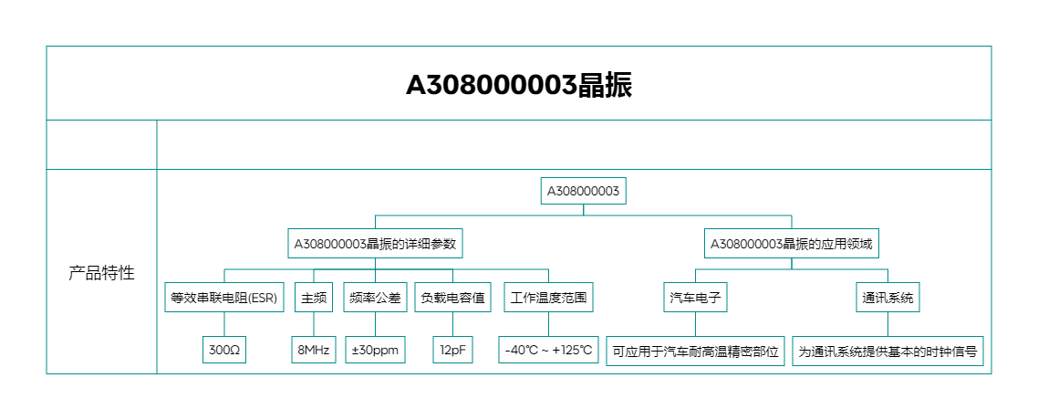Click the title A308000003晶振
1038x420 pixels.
[518, 85]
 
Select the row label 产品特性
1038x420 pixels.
[101, 273]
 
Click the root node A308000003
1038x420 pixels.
[583, 191]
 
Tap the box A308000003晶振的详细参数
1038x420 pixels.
[374, 244]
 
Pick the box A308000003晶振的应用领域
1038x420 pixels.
[792, 244]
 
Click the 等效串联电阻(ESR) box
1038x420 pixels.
[224, 298]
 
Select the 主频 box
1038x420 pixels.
[314, 298]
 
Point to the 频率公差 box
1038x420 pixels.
[374, 298]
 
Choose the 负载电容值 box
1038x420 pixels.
[452, 298]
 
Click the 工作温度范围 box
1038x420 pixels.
[548, 298]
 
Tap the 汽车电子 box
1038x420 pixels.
[696, 298]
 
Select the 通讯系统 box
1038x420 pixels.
[887, 298]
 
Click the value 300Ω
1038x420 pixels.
[224, 351]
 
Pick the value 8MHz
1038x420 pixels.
[314, 351]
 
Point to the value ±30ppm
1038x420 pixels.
[374, 351]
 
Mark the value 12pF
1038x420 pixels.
[452, 351]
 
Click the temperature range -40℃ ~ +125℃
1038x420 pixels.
[548, 351]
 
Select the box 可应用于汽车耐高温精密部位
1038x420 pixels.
[696, 351]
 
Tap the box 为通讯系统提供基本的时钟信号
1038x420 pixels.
[887, 351]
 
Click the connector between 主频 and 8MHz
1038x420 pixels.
[314, 324]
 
